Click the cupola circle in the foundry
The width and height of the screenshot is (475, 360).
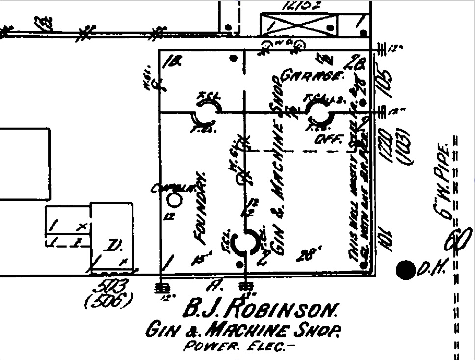pyautogui.click(x=174, y=200)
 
